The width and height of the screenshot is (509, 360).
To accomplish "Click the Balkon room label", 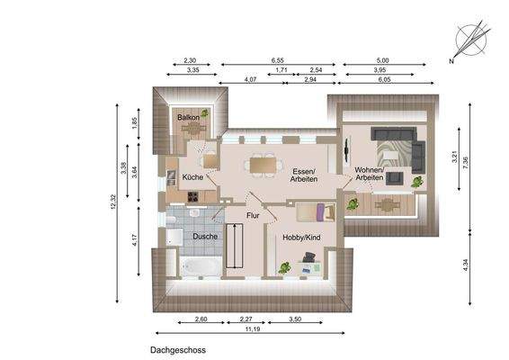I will click(x=187, y=118).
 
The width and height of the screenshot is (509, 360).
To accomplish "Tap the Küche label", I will click(x=192, y=177).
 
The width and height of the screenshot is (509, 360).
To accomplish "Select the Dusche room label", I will click(x=205, y=237).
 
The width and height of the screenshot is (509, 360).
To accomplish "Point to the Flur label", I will click(x=253, y=217).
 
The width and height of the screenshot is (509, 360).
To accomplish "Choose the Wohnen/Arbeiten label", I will click(x=369, y=174).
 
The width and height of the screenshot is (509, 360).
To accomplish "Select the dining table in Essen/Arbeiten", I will click(x=263, y=163).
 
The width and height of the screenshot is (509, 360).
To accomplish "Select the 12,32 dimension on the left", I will click(x=114, y=204).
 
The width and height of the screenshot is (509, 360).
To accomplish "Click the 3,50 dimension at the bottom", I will click(x=293, y=319).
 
